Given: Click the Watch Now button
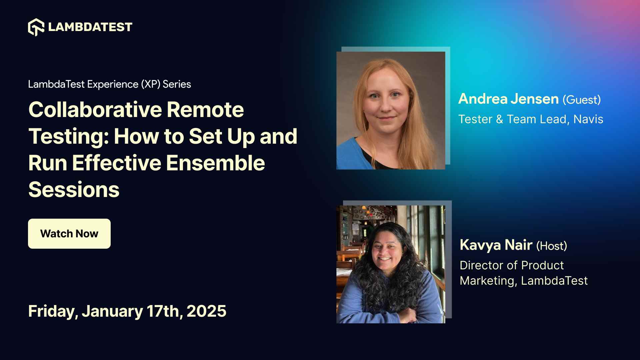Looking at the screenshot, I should click(69, 234).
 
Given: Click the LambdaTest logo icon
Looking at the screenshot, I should click(36, 27).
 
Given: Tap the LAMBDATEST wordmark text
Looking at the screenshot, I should click(90, 27).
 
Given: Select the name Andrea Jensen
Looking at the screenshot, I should click(508, 99).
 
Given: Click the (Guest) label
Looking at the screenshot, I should click(582, 100).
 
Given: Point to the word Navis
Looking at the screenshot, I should click(588, 119).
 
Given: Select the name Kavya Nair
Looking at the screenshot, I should click(496, 245).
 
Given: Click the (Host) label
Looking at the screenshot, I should click(551, 246).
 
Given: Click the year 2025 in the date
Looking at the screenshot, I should click(206, 311).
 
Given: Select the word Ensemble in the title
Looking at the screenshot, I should click(215, 163).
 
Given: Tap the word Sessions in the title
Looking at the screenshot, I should click(74, 190).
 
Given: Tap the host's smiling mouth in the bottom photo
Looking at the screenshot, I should click(385, 259).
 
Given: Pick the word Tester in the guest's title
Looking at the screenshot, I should click(475, 119).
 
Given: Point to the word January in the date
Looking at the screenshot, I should click(112, 311).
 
